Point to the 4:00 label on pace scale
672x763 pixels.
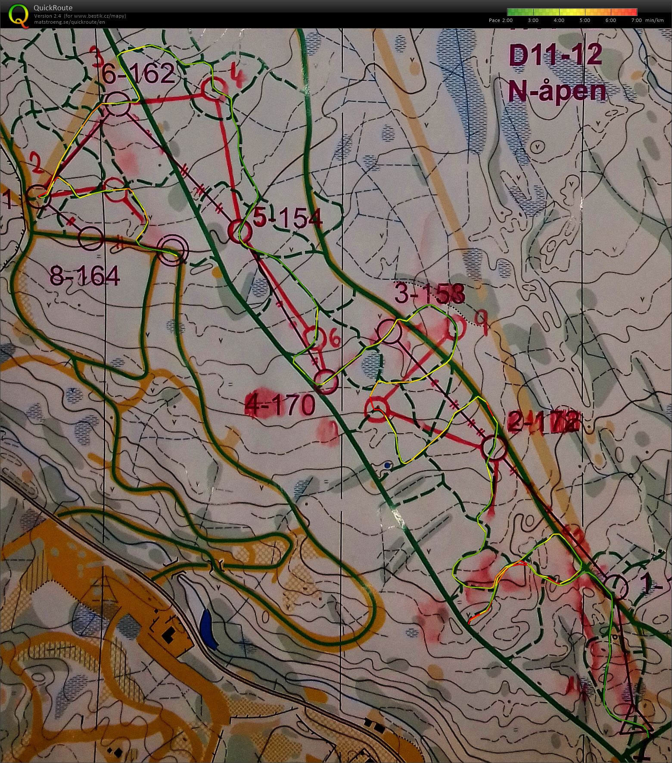tap(559, 20)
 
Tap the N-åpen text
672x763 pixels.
tap(557, 91)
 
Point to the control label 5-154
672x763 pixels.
tap(288, 219)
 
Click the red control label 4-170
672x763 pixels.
tap(280, 405)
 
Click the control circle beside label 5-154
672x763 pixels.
tap(239, 232)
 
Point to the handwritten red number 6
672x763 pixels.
tap(335, 339)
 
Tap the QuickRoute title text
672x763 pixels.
tap(53, 8)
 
